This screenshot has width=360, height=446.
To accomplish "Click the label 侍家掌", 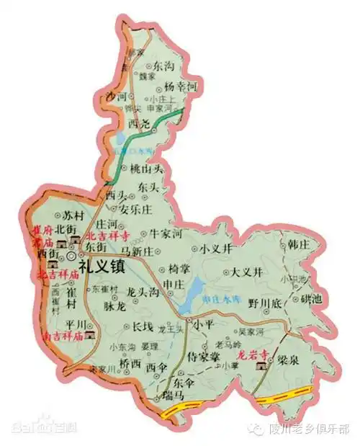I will pyautogui.click(x=202, y=356).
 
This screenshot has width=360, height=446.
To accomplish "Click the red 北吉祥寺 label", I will pyautogui.click(x=107, y=236).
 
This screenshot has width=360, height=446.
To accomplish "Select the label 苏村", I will pyautogui.click(x=63, y=215).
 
